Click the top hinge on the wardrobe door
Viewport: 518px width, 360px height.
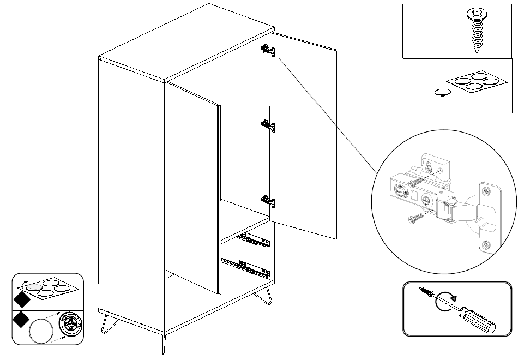tap(267, 51)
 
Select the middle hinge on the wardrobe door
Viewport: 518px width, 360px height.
tap(267, 126)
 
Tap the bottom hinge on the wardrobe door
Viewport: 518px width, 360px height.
tap(267, 200)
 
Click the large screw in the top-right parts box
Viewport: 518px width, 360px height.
tap(475, 29)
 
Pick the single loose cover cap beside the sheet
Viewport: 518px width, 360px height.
tap(443, 92)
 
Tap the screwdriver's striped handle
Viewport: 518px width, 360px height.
tap(479, 319)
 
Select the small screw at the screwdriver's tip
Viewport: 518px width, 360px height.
tap(426, 293)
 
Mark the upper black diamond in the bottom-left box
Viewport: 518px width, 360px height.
tap(21, 299)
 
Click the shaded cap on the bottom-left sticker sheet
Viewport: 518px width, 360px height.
tap(35, 286)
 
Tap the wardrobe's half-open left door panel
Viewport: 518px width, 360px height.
tap(192, 185)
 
